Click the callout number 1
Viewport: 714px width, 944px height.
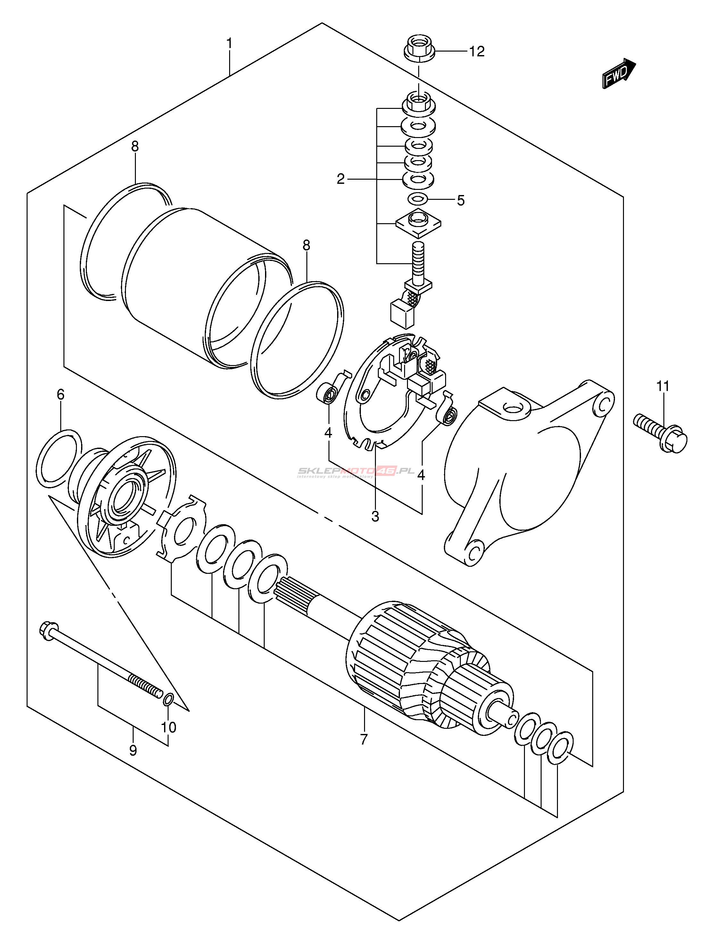tap(229, 44)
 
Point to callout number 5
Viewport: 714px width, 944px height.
tap(460, 200)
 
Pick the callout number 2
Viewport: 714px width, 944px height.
tap(340, 179)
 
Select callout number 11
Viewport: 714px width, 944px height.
tap(663, 386)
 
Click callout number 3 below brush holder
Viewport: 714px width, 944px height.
tap(375, 517)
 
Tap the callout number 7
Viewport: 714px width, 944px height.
tap(364, 739)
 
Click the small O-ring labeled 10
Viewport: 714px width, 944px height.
tap(168, 699)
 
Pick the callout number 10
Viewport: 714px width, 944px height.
tap(169, 727)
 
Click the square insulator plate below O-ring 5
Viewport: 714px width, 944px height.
tap(418, 223)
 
